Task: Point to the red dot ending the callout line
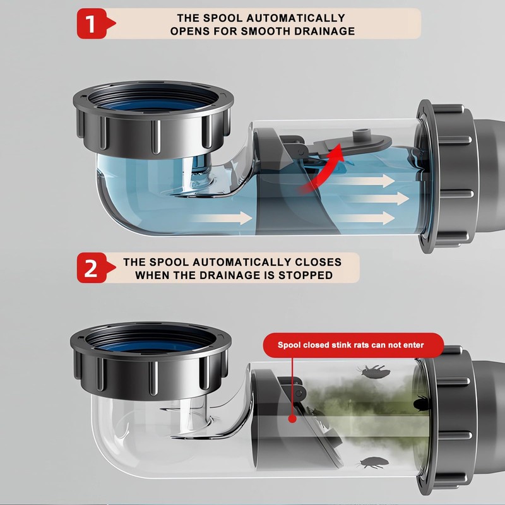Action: [x=291, y=419]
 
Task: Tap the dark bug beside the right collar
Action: [x=422, y=402]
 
